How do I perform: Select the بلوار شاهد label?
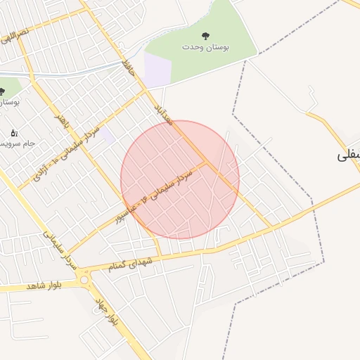click(44, 286)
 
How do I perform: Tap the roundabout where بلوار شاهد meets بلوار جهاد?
click(85, 280)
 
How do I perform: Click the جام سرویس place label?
click(18, 143)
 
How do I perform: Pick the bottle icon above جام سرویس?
click(14, 132)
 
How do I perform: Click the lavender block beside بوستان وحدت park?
click(157, 70)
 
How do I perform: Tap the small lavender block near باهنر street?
click(106, 134)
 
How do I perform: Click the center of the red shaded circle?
click(180, 179)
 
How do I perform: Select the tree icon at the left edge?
click(2, 91)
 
